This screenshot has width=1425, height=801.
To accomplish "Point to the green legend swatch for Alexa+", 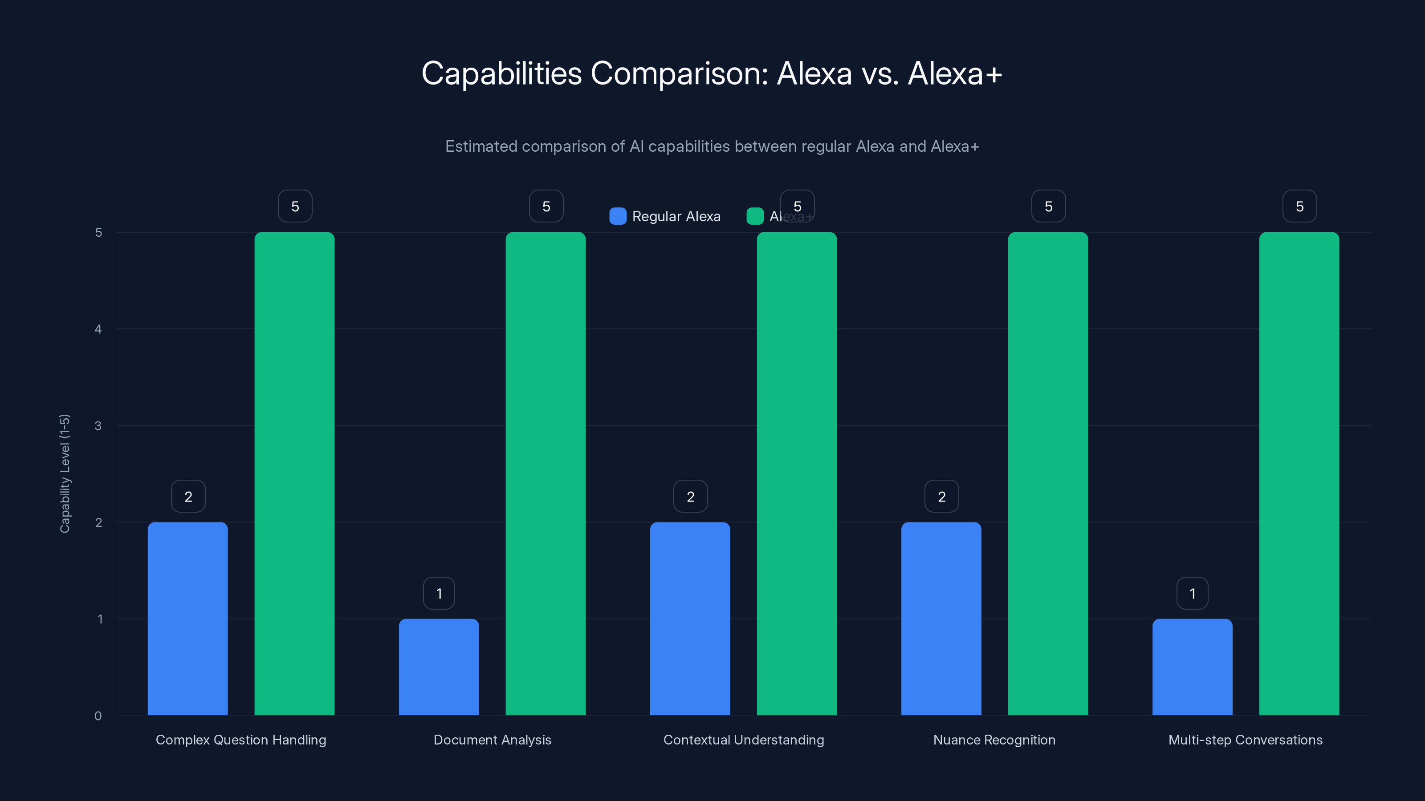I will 754,216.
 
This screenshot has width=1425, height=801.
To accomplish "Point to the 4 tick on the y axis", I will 98,329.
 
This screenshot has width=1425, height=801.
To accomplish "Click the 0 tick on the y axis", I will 98,716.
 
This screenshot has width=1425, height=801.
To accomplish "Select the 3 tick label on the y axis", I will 98,426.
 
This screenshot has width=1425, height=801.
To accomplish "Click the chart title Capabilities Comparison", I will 712,73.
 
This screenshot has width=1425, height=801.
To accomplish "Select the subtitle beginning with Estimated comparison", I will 712,146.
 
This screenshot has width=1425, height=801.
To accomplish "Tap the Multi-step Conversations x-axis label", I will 1245,740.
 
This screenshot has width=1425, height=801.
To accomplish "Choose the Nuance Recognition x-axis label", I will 994,740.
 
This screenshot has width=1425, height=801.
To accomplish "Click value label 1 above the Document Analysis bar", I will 439,593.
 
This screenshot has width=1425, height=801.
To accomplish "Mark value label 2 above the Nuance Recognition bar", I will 941,497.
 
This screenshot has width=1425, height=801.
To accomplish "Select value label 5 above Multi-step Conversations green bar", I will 1299,206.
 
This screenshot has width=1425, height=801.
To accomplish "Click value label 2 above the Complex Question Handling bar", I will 188,497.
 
